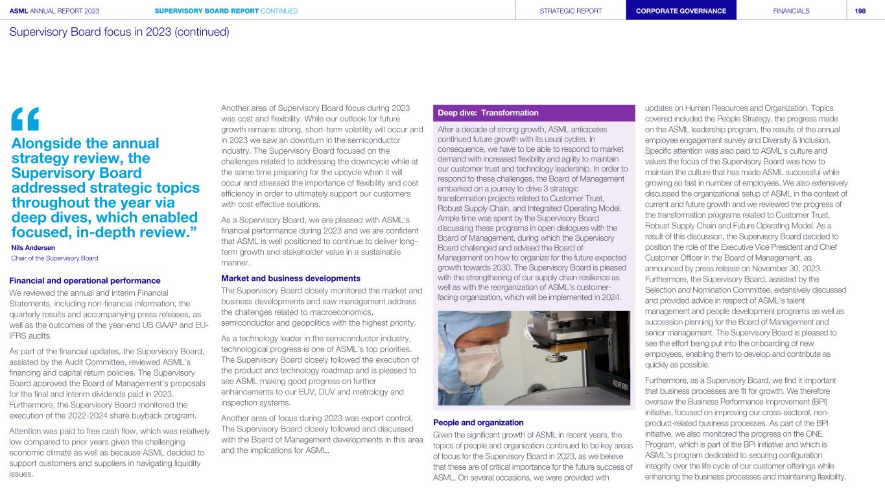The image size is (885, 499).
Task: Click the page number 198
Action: (860, 10)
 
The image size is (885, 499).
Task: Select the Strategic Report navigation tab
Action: (571, 10)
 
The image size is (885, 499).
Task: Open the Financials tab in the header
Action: (791, 10)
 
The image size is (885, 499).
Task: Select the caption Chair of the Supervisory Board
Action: (54, 258)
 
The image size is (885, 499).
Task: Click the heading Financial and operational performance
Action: (85, 280)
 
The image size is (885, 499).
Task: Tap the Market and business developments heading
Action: (290, 278)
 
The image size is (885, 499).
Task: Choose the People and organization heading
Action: (478, 422)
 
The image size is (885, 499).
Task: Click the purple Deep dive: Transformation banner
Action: (534, 113)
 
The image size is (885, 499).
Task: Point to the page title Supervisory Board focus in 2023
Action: (119, 32)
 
